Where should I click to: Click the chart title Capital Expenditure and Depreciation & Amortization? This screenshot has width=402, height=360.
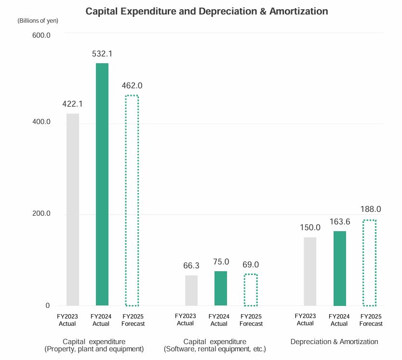coord(206,11)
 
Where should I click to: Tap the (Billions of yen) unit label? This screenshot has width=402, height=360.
coord(38,21)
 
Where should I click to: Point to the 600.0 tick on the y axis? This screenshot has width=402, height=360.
coord(41,35)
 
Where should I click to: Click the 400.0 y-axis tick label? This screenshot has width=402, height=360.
coord(41,123)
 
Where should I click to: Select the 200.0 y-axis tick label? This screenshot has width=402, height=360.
coord(41,214)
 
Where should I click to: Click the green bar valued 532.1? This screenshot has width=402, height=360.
coord(102,184)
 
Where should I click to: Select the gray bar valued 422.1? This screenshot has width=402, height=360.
coord(73,209)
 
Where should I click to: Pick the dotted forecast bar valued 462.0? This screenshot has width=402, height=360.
coord(132,200)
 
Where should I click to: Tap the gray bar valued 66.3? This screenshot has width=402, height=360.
coord(191,291)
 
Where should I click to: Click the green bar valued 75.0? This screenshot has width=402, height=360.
coord(221,289)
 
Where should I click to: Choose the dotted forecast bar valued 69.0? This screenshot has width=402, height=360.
coord(251,290)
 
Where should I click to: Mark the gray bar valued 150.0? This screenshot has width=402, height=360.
coord(310,271)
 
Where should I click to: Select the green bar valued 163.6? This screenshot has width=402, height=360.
coord(340,268)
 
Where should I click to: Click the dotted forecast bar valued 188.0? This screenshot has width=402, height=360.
coord(369,263)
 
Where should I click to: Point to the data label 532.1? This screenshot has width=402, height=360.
coord(102,54)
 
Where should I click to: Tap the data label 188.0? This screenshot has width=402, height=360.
coord(371,209)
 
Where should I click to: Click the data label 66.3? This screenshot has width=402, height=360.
coord(191,265)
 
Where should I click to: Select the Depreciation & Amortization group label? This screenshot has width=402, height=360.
coord(334,342)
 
